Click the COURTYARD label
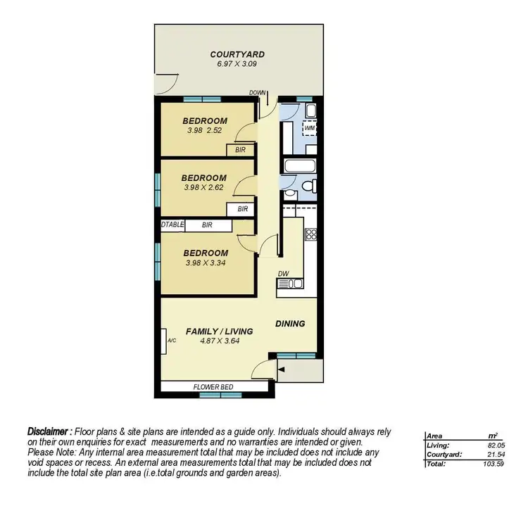point(237,54)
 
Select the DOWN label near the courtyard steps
point(258,93)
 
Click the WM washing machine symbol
point(309,129)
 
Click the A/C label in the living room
point(171,341)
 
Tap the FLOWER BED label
point(213,387)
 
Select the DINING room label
point(290,324)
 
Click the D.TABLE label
point(172,225)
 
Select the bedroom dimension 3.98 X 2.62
point(203,188)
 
